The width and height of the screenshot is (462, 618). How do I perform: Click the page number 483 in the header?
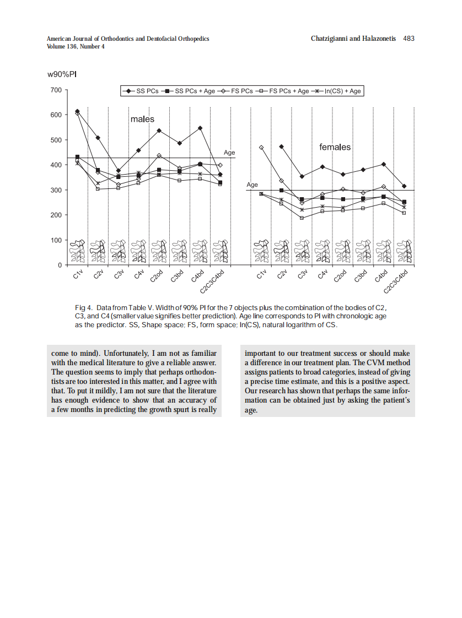[x=408, y=39]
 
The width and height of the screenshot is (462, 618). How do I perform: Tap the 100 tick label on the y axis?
[x=56, y=240]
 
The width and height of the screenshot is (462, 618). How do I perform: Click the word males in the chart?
[x=142, y=119]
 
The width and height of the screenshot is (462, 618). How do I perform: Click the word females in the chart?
[x=335, y=147]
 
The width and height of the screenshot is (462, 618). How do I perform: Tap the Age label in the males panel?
[x=229, y=153]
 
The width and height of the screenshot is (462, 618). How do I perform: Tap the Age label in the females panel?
[x=252, y=185]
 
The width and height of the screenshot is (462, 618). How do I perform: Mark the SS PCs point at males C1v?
[x=77, y=111]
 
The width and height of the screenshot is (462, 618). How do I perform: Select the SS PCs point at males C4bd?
[x=200, y=128]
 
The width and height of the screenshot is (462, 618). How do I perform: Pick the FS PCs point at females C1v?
[x=261, y=148]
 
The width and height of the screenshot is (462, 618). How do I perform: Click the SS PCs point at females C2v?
[x=282, y=147]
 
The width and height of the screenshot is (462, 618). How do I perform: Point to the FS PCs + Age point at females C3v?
[x=302, y=218]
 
